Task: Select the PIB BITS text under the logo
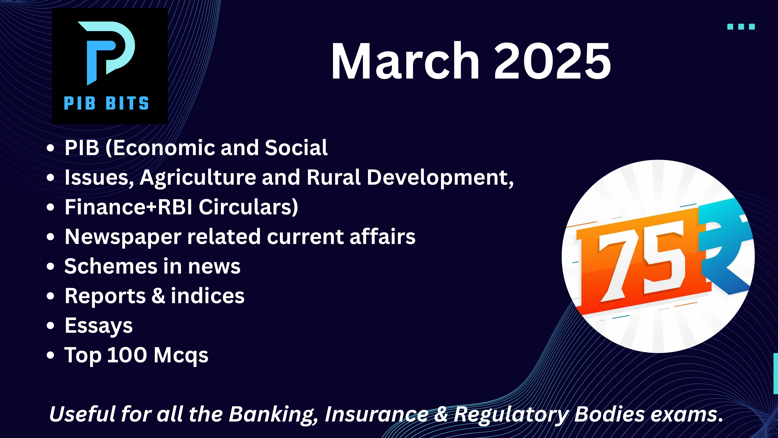tap(106, 103)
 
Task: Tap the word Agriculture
tap(198, 178)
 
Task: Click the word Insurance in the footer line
tap(376, 414)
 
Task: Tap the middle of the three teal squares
tap(741, 27)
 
